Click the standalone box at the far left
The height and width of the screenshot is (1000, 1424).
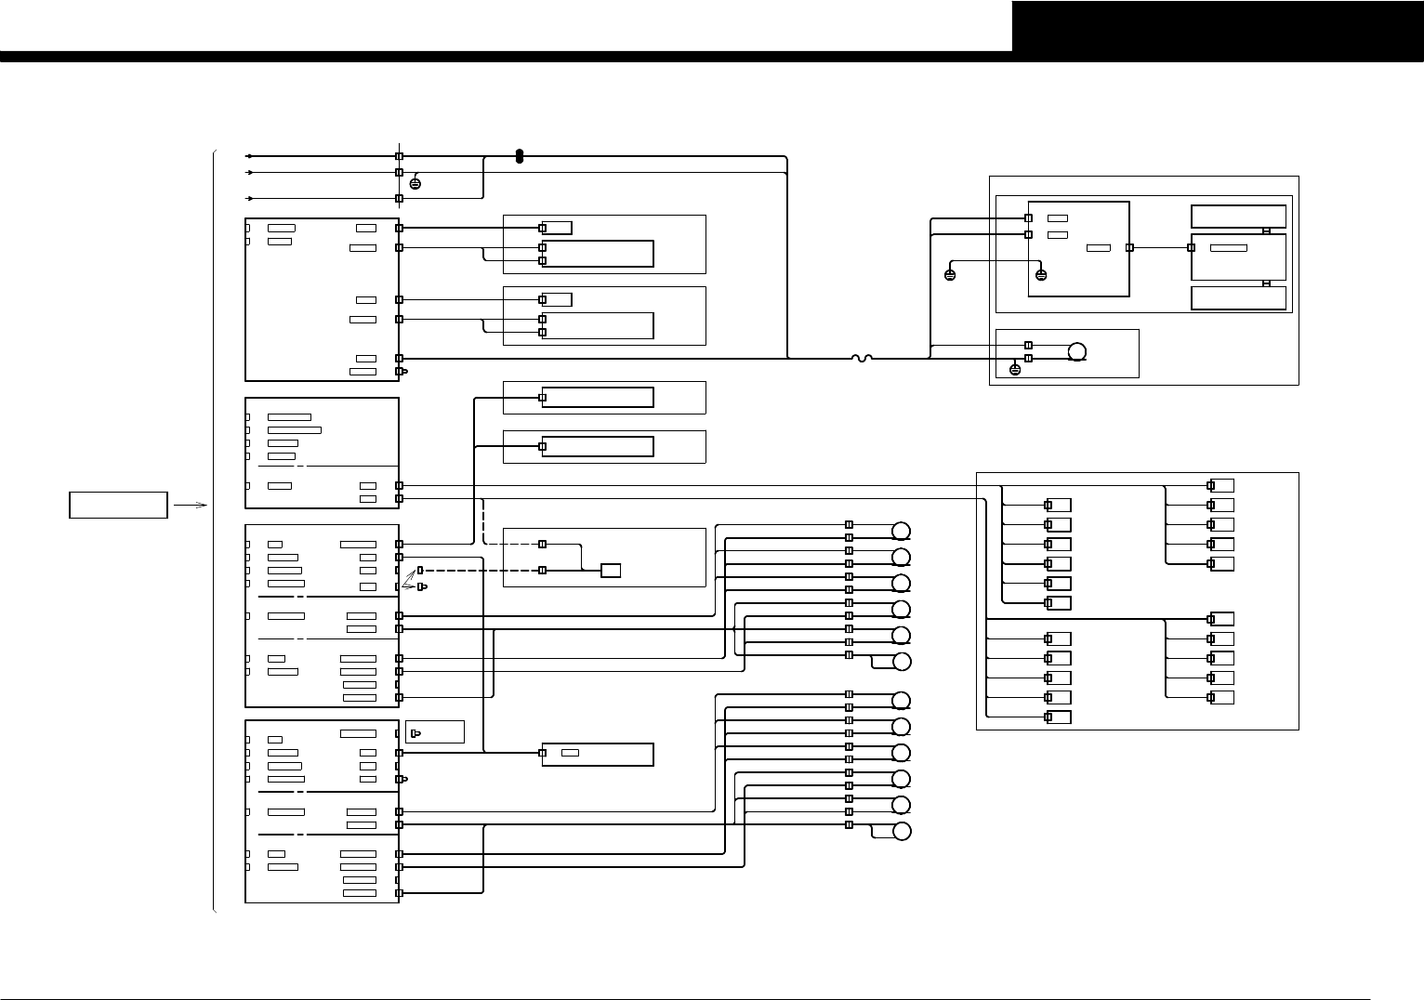tap(119, 505)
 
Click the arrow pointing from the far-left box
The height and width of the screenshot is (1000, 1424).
tap(190, 505)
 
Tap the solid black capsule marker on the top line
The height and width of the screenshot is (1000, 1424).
tap(520, 157)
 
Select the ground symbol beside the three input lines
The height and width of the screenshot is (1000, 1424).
tap(415, 183)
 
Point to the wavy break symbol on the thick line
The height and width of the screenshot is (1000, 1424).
tap(861, 358)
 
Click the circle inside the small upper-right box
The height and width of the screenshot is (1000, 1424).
tap(1077, 352)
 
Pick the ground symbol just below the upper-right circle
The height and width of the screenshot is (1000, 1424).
tap(1015, 370)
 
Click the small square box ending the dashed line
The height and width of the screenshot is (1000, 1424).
tap(611, 570)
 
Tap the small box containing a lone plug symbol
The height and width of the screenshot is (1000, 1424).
tap(435, 732)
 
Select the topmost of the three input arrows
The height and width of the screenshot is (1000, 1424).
tap(248, 156)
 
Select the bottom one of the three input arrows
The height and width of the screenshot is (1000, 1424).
tap(248, 198)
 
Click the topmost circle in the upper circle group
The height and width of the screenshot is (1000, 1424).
tap(901, 531)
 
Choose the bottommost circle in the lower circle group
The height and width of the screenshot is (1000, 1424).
tap(901, 832)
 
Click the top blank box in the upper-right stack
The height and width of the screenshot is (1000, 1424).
tap(1238, 217)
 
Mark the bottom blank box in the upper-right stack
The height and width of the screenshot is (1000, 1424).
tap(1238, 298)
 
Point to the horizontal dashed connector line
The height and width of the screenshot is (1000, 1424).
tap(483, 570)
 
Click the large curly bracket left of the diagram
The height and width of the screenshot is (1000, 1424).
tap(215, 530)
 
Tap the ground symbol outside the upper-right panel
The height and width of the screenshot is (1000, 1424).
tap(950, 275)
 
